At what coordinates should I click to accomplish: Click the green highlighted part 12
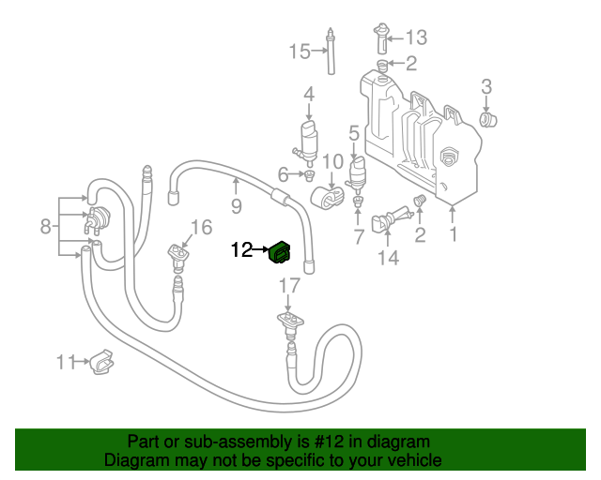[x=281, y=252]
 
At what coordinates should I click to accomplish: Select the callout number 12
[x=241, y=250]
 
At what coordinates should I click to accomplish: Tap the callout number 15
[x=300, y=52]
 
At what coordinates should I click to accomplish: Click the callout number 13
[x=415, y=37]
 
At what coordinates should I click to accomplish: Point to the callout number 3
[x=486, y=87]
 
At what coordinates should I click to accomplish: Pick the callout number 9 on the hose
[x=236, y=205]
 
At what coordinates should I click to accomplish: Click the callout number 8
[x=44, y=225]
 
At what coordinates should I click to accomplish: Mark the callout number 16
[x=203, y=226]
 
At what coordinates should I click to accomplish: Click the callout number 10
[x=333, y=162]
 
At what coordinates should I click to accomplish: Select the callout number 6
[x=283, y=173]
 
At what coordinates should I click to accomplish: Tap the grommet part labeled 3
[x=488, y=119]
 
